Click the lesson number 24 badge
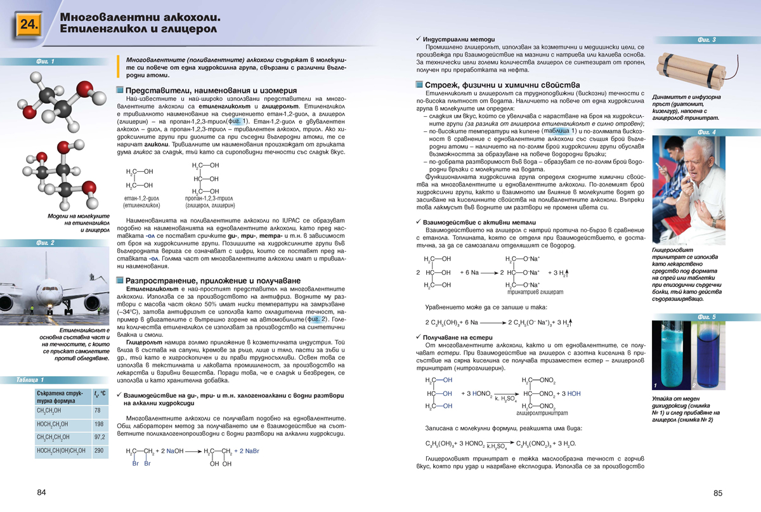[x=29, y=25]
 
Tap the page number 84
[x=42, y=493]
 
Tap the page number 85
[x=718, y=494]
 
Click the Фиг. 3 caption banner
[x=706, y=40]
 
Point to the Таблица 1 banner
[x=31, y=380]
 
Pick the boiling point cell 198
[x=99, y=424]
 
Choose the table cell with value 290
[x=99, y=451]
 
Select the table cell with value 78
[x=98, y=411]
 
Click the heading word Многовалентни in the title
[x=107, y=17]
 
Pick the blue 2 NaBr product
[x=247, y=451]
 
